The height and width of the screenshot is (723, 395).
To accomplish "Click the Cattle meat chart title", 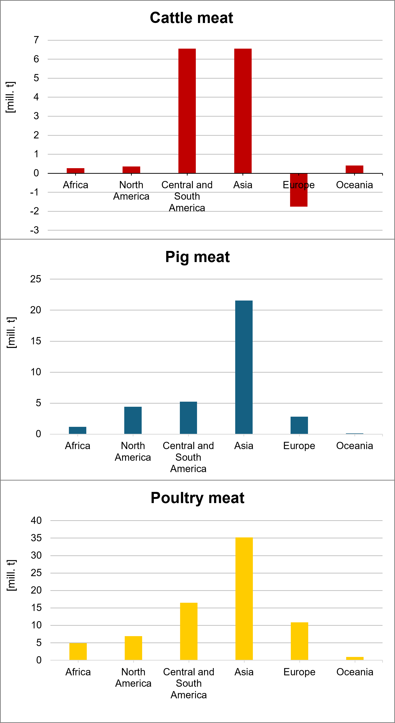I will pos(191,18).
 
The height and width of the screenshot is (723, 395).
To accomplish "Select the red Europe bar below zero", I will pos(299,194).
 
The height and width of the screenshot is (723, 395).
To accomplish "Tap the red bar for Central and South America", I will pos(187,111).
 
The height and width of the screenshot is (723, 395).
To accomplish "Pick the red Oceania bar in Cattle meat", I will pos(354,169).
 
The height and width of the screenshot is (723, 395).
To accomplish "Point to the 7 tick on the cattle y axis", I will pos(36,40).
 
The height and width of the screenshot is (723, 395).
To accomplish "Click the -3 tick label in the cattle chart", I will pos(35,230).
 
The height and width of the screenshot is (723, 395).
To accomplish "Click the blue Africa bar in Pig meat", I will pos(78,430).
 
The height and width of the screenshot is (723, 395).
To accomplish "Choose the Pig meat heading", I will pos(197,257).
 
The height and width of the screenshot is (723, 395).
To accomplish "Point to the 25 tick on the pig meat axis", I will pos(36,279).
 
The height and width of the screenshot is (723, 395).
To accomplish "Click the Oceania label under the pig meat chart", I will pos(355,446).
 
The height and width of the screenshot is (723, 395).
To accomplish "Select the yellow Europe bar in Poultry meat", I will pos(300,641).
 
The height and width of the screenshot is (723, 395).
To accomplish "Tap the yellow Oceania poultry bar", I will pos(355,658).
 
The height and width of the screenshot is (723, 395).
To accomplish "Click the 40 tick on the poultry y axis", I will pos(36,520).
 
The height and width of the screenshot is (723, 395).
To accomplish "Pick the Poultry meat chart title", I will pos(197,498).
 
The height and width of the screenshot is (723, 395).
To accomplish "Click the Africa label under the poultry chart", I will pos(78,672).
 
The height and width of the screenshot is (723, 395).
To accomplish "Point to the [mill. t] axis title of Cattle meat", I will pos(11,97).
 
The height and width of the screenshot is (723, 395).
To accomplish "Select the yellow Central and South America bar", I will pos(189,631).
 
